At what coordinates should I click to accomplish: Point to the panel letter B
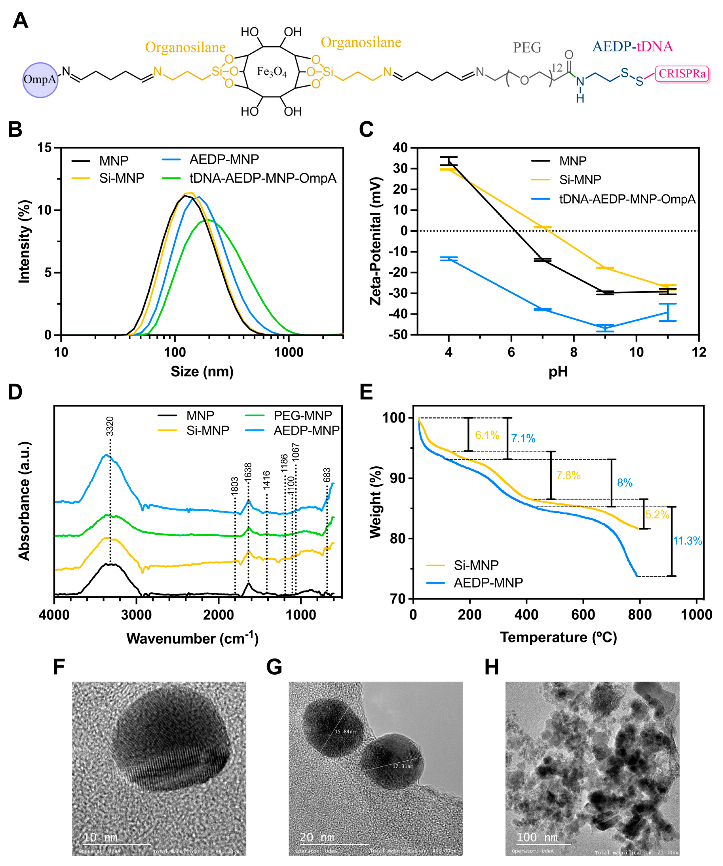pos(15,129)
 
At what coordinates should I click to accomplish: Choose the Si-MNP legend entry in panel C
pos(580,180)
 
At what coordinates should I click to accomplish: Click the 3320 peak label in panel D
pos(110,426)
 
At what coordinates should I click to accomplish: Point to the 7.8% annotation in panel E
pos(568,476)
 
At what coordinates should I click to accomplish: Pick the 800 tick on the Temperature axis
pos(640,615)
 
